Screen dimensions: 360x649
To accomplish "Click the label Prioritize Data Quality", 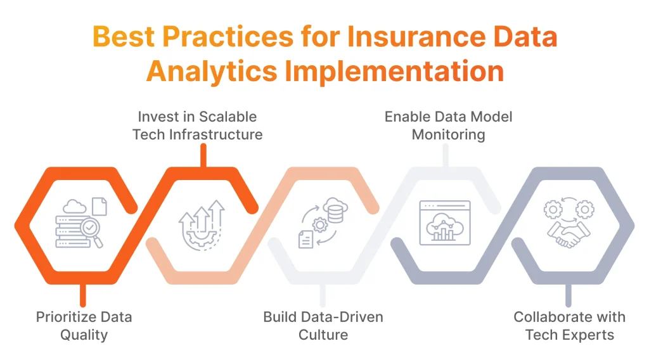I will [84, 326].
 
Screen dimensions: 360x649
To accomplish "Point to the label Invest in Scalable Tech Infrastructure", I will [198, 125].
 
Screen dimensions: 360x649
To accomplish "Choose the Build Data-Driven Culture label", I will [323, 326].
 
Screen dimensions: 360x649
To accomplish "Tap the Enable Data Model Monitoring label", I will [448, 125].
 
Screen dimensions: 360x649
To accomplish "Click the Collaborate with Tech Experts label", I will [569, 326].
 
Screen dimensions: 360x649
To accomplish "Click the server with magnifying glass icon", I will [81, 224].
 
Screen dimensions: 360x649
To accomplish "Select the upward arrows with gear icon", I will [202, 225].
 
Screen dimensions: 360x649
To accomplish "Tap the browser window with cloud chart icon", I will [445, 222].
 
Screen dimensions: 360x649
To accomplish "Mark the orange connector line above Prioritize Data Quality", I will [82, 295].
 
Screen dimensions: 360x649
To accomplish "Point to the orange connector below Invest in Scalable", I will [203, 155].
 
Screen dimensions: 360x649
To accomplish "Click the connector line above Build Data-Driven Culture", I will [323, 295].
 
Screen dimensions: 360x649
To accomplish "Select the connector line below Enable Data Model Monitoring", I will [446, 155].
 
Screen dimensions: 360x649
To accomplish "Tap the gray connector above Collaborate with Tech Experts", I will [568, 295].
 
